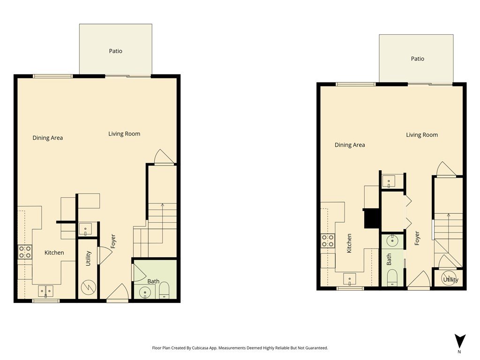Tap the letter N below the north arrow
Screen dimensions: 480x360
(459, 352)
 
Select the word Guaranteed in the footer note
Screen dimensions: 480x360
(318, 348)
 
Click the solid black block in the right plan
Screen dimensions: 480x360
(371, 218)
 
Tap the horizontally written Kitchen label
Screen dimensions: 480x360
(54, 253)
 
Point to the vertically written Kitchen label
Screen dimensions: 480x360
(349, 243)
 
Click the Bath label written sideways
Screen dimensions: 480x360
(389, 259)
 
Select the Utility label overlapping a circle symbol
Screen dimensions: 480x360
(451, 279)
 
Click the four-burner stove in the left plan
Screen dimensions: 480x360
(25, 252)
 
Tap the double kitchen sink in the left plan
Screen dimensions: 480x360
(45, 291)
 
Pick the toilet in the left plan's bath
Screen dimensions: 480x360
(164, 290)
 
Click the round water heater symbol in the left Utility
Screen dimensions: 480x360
(89, 288)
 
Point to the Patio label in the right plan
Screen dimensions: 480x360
(418, 59)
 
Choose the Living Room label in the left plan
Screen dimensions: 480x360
(124, 134)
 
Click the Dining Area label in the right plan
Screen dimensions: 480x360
(350, 145)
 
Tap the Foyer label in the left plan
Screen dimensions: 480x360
(113, 241)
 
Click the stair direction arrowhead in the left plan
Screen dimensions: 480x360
(162, 205)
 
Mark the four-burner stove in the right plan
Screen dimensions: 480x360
(328, 240)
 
